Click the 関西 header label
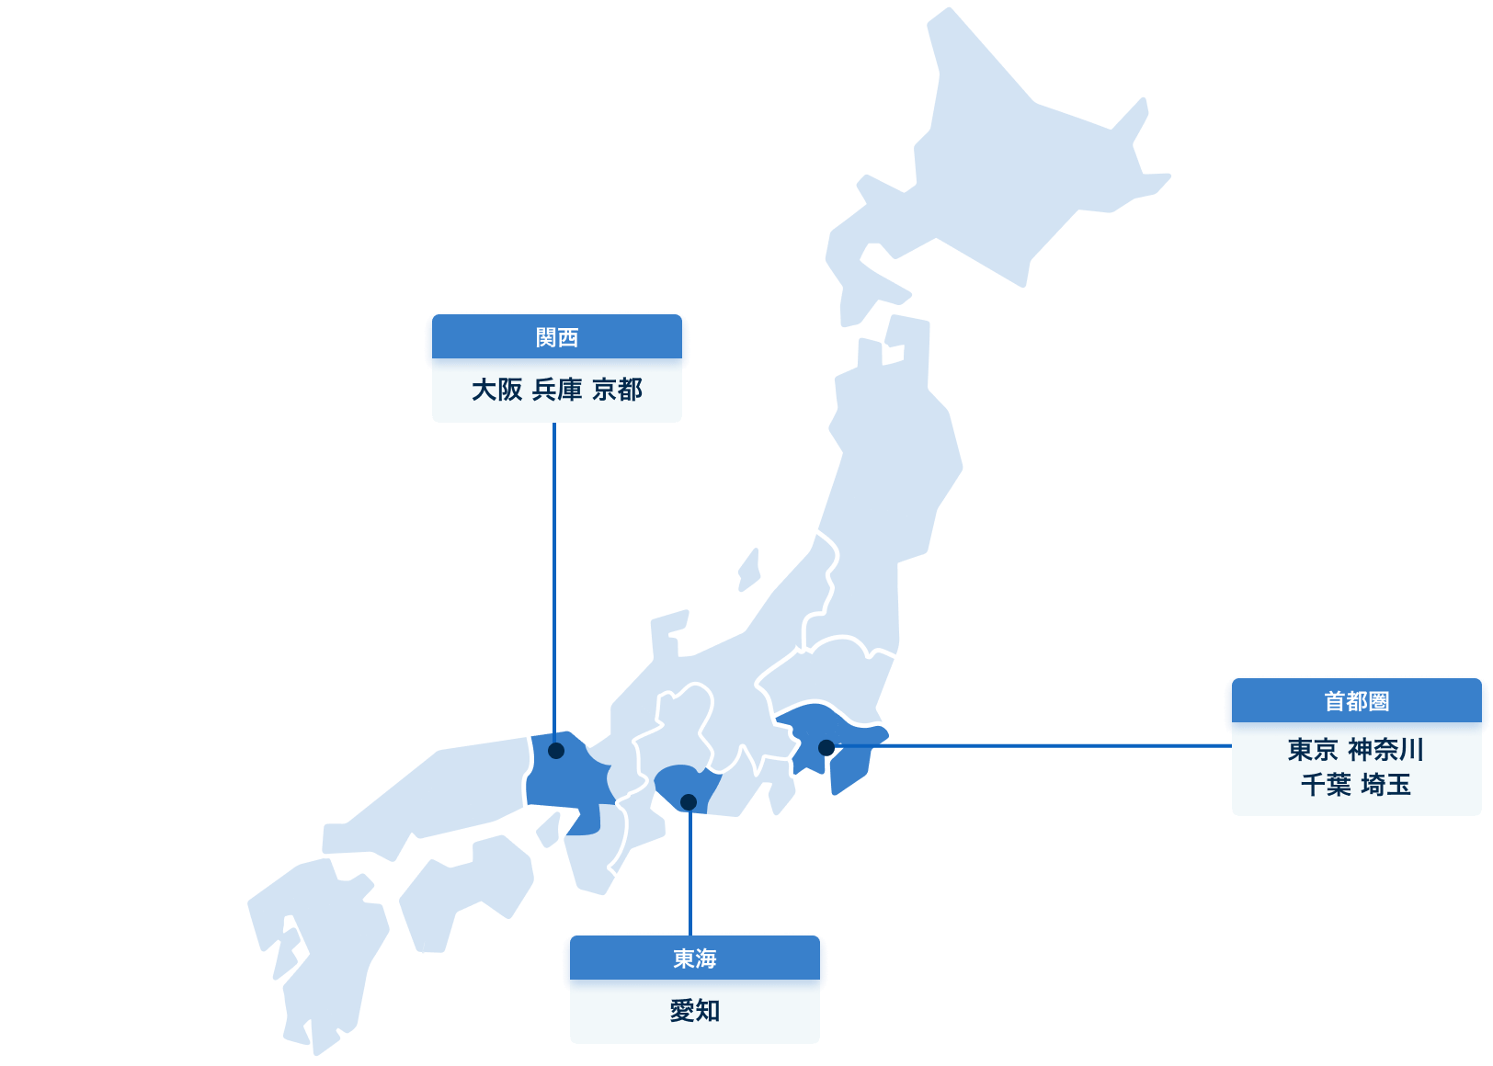pyautogui.click(x=557, y=337)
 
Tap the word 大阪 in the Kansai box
pyautogui.click(x=496, y=390)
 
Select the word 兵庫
pyautogui.click(x=557, y=390)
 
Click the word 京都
pyautogui.click(x=617, y=390)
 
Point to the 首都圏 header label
pyautogui.click(x=1356, y=701)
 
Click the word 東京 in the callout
pyautogui.click(x=1312, y=750)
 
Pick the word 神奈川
pyautogui.click(x=1385, y=750)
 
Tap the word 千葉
pyautogui.click(x=1325, y=785)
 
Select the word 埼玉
pyautogui.click(x=1385, y=785)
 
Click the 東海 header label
pyautogui.click(x=694, y=958)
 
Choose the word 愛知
pyautogui.click(x=694, y=1011)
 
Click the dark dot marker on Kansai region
pyautogui.click(x=556, y=751)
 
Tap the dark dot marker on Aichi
pyautogui.click(x=689, y=802)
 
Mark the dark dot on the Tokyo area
pyautogui.click(x=826, y=748)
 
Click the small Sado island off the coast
pyautogui.click(x=750, y=568)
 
